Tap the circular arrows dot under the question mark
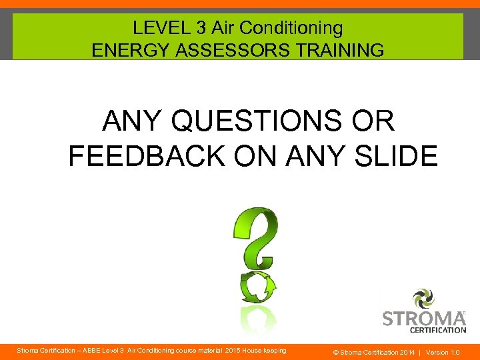click(258, 287)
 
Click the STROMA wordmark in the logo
click(424, 317)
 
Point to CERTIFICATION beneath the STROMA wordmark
click(438, 329)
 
